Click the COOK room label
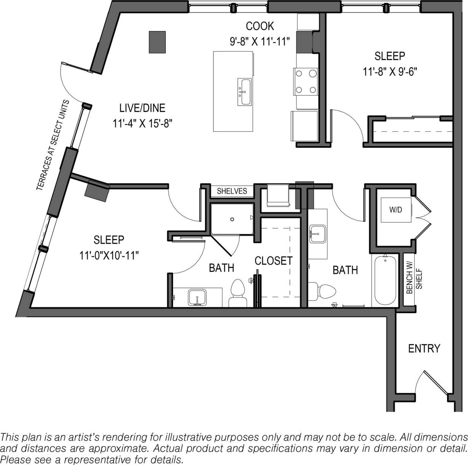(x=260, y=26)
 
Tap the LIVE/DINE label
(x=142, y=108)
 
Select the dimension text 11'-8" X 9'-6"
(x=389, y=72)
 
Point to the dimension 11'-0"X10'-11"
(x=109, y=255)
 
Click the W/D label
(x=395, y=210)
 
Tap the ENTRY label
(x=424, y=349)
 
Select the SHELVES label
(x=232, y=191)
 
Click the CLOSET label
(x=273, y=261)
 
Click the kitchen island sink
(x=244, y=92)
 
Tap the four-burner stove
(x=306, y=81)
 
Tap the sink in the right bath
(x=317, y=233)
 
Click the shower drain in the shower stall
(x=232, y=219)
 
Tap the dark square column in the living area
(x=157, y=42)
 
